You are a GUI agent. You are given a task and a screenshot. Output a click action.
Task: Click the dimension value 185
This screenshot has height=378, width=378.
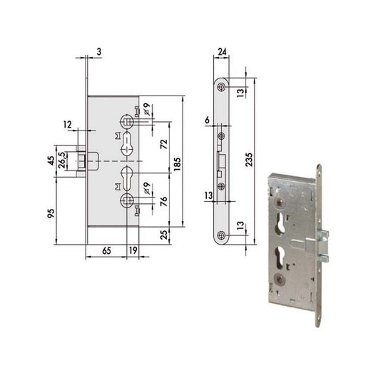pyautogui.click(x=177, y=164)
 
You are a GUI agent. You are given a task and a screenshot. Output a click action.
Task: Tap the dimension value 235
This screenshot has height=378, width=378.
pyautogui.click(x=249, y=159)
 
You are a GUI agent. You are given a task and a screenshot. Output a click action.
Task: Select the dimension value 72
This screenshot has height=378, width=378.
pyautogui.click(x=164, y=144)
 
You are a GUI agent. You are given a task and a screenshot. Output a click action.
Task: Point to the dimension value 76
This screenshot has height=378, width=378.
pyautogui.click(x=164, y=201)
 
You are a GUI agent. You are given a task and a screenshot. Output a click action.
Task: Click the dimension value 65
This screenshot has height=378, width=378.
pyautogui.click(x=106, y=251)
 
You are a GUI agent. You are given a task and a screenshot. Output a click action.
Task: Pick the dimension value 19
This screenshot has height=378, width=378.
pyautogui.click(x=133, y=250)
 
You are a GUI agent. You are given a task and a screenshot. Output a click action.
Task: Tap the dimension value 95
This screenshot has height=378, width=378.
pyautogui.click(x=51, y=213)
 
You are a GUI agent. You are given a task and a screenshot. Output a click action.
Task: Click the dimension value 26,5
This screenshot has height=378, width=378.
pyautogui.click(x=62, y=160)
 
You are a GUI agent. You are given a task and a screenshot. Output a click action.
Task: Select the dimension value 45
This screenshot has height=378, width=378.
pyautogui.click(x=51, y=160)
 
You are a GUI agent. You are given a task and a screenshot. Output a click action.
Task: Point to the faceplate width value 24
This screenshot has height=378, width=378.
pyautogui.click(x=223, y=52)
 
